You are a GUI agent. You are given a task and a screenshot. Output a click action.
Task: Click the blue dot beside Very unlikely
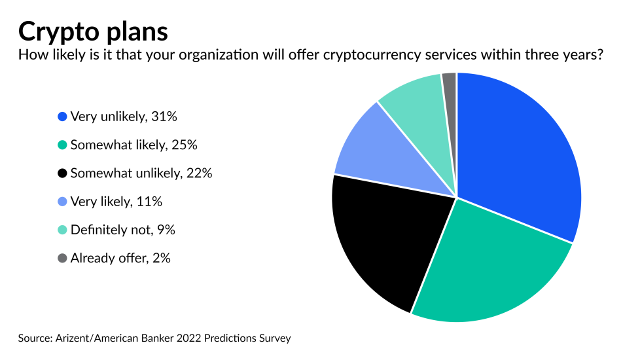click(62, 117)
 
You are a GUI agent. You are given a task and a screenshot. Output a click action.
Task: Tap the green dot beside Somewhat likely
click(62, 145)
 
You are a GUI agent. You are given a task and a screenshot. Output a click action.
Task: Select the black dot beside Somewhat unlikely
click(62, 173)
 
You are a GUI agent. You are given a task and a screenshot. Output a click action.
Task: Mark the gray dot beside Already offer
click(62, 258)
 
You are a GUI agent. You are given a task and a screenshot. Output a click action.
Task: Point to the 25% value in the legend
click(185, 145)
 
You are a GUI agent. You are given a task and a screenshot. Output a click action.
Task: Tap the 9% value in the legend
click(165, 230)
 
